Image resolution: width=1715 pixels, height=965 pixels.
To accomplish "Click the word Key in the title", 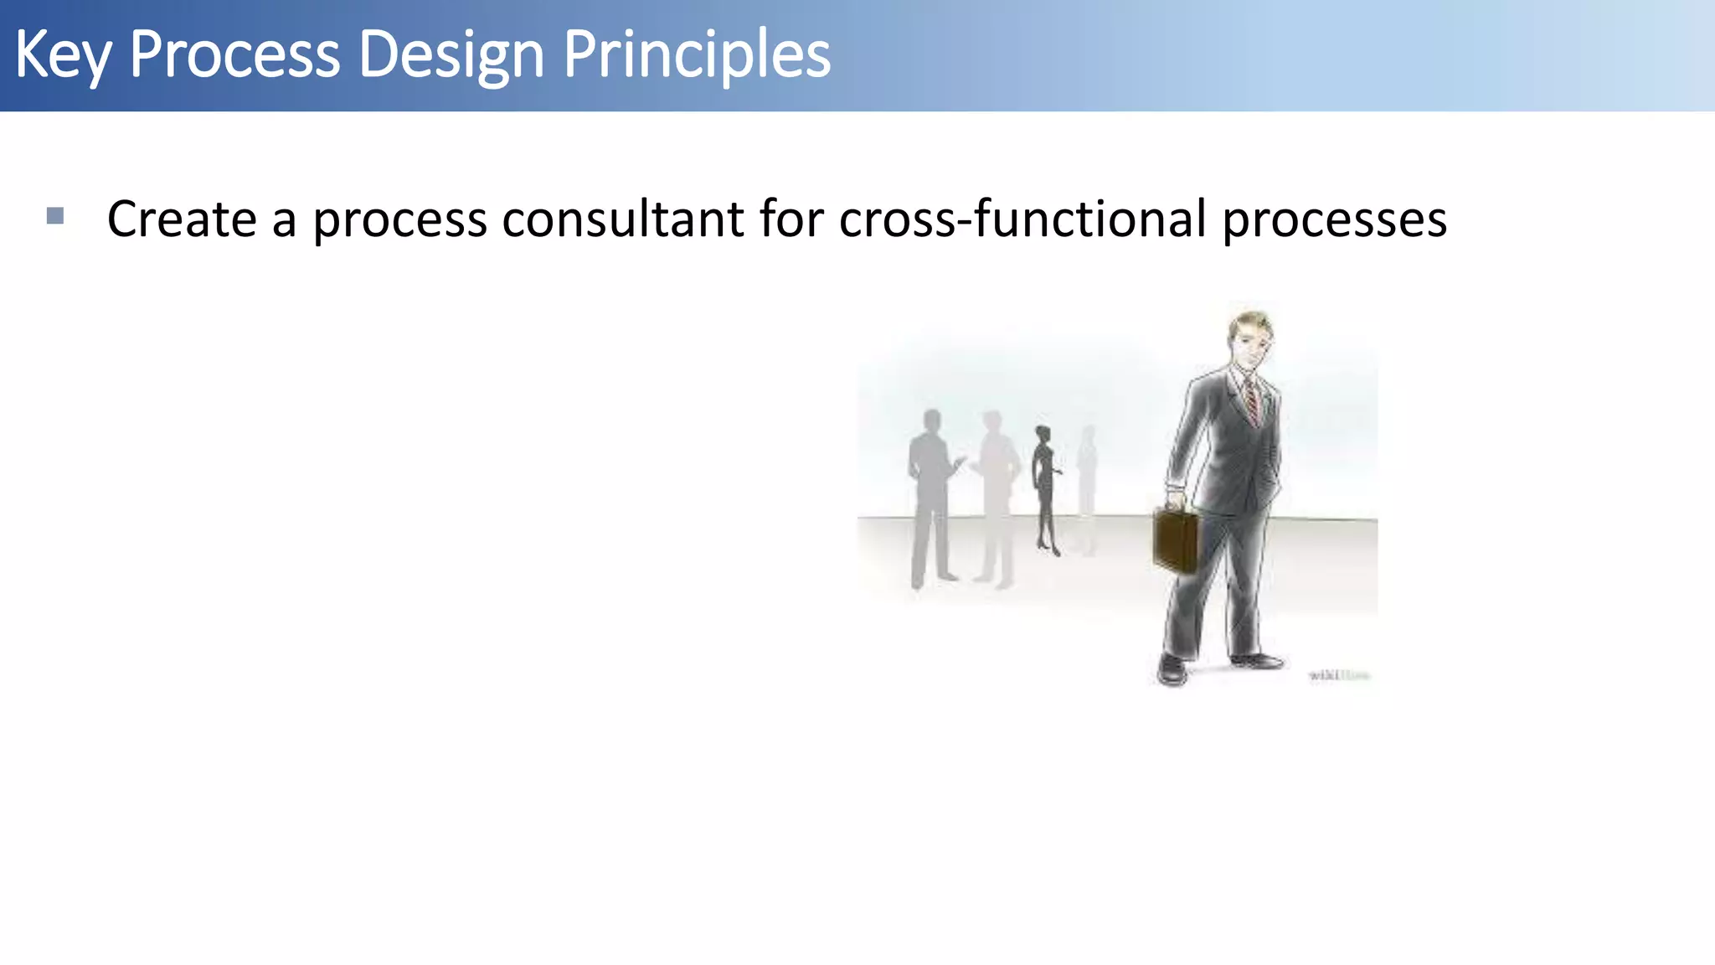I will click(x=62, y=54).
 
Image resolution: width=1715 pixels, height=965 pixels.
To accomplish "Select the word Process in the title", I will click(x=234, y=54).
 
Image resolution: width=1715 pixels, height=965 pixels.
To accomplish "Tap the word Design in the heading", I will click(x=451, y=54).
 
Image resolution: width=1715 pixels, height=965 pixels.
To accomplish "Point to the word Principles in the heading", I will click(x=696, y=54).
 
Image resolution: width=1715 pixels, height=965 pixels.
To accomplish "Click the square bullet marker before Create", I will click(x=55, y=216).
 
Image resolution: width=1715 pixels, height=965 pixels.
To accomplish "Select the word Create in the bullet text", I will click(x=182, y=219).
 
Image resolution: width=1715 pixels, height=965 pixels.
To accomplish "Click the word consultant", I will click(x=623, y=219).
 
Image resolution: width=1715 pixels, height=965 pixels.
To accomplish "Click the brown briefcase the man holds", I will click(x=1175, y=539).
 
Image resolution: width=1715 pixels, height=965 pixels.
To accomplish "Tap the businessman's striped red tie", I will click(x=1251, y=403).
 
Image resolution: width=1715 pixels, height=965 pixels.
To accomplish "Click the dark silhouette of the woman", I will click(x=1045, y=490).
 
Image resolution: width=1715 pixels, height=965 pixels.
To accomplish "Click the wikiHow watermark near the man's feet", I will click(x=1338, y=675).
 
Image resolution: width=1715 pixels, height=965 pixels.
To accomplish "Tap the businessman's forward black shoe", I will click(x=1172, y=670).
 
